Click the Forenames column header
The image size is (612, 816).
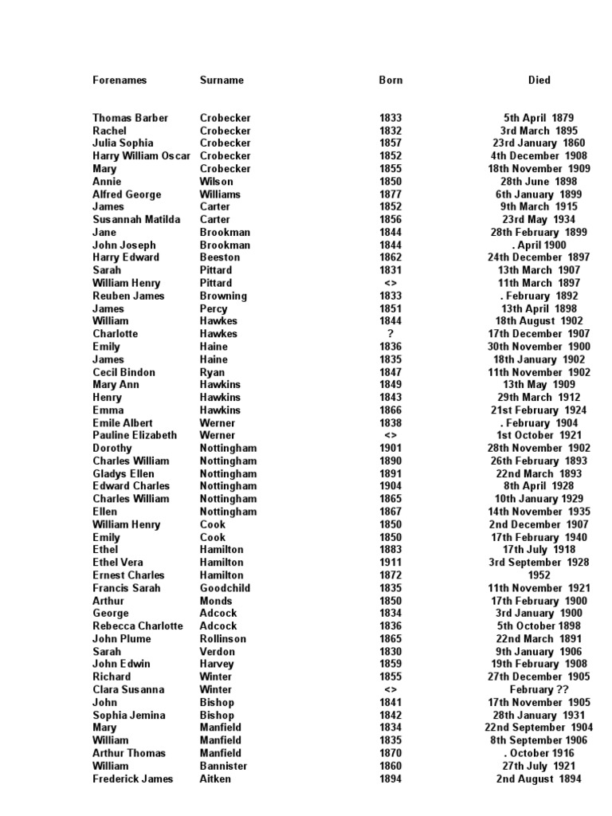120,80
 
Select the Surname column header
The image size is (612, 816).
222,80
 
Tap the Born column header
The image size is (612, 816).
390,80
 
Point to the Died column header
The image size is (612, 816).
539,80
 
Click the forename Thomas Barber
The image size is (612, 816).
131,118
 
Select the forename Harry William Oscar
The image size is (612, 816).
142,156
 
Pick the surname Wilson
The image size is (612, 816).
216,182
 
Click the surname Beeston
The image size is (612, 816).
219,257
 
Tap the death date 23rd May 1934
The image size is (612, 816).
539,220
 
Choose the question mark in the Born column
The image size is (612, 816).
390,334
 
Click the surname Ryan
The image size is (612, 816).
212,372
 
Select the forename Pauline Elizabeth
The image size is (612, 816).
135,436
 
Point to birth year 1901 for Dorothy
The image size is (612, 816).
390,449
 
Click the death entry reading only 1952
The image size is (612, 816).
539,575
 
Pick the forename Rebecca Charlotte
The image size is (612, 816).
138,626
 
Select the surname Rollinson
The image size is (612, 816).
223,639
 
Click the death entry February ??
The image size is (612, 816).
539,690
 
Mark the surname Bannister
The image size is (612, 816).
223,767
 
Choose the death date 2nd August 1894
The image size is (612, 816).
539,779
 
